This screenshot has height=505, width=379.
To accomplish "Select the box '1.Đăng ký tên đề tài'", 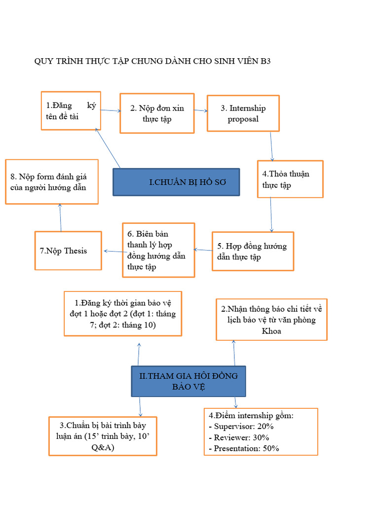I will [x=71, y=111].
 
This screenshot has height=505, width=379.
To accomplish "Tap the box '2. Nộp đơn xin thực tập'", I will [x=157, y=113].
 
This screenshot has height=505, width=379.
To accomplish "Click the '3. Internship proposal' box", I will [x=243, y=113].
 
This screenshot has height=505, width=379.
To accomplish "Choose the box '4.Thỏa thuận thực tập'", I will [x=290, y=180].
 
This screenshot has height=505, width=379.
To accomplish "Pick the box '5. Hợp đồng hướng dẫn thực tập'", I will [x=253, y=252].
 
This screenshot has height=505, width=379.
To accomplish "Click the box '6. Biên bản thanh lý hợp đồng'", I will [x=158, y=250].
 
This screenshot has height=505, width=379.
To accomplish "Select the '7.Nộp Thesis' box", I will [x=68, y=251].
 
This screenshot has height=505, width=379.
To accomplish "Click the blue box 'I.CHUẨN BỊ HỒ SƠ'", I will [x=176, y=182].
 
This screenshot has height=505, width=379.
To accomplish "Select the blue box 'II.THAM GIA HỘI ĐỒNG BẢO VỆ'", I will [x=188, y=381].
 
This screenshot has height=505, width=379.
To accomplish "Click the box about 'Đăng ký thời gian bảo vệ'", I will [x=123, y=313].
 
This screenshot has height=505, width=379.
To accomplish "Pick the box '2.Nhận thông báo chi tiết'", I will [x=271, y=320].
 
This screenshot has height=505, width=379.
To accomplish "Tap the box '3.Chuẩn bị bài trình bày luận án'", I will [x=103, y=436].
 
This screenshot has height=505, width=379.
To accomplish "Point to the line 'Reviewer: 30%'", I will [x=242, y=437].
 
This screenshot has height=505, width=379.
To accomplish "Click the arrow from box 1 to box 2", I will [x=111, y=110].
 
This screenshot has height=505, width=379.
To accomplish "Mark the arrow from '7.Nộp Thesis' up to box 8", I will [x=60, y=217].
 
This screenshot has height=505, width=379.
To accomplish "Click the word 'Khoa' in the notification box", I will [x=271, y=331].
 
